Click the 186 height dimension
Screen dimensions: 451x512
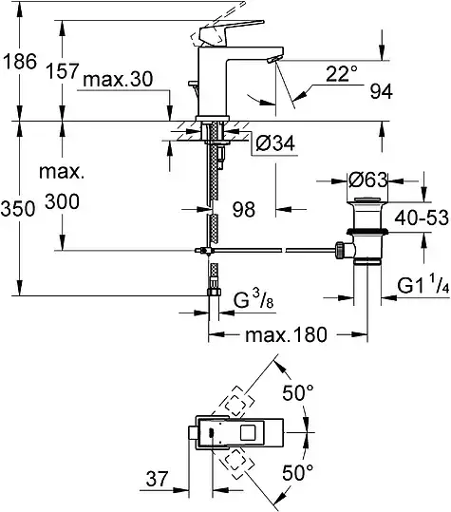tap(20, 62)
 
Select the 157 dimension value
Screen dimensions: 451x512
tap(63, 71)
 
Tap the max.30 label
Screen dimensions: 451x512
tap(118, 80)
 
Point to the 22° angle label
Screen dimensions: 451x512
tap(342, 73)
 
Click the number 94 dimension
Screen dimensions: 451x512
tap(381, 92)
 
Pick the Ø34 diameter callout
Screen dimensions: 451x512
tap(275, 143)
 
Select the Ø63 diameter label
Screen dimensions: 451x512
tap(368, 180)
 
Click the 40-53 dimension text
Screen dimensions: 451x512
tap(422, 218)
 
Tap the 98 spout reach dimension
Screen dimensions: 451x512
tap(243, 210)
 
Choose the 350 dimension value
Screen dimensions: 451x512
tap(18, 209)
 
